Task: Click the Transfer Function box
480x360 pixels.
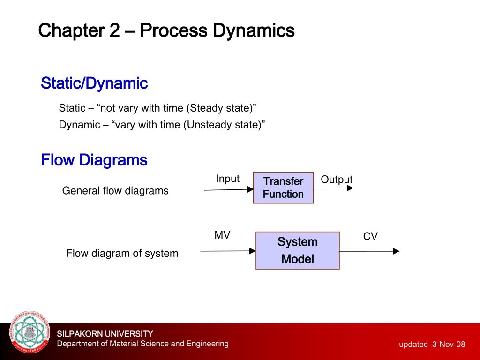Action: [283, 187]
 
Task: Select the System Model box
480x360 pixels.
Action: [297, 250]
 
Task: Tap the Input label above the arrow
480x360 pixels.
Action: [227, 179]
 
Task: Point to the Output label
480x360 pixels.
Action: [336, 180]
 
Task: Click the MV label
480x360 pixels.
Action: [222, 235]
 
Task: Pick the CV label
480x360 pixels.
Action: [370, 237]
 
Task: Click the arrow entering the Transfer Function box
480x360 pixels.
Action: [229, 189]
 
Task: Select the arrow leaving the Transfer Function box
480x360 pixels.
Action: [333, 188]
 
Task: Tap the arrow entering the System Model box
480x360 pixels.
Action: [228, 251]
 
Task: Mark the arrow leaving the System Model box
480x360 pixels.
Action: [369, 251]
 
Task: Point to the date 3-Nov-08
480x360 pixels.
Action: [449, 345]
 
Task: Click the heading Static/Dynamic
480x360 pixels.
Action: [94, 83]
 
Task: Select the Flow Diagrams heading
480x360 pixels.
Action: [94, 160]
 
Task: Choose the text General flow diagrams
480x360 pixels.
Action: [115, 191]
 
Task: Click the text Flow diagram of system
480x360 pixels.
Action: [122, 254]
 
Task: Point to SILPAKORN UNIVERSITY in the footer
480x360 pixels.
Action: [105, 334]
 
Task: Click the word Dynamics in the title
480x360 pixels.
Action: [254, 31]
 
